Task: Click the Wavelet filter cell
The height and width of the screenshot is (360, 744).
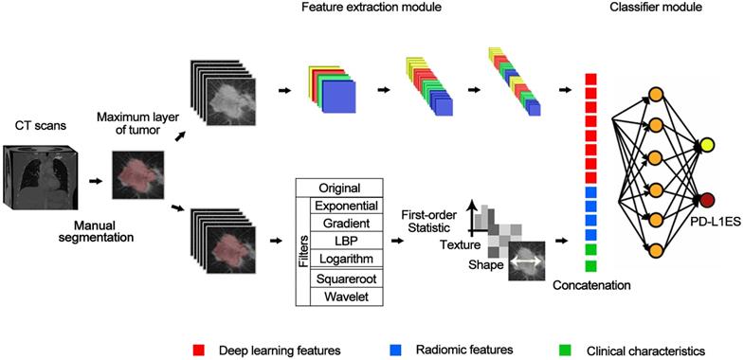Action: click(346, 298)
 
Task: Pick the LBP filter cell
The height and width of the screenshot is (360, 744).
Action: click(346, 242)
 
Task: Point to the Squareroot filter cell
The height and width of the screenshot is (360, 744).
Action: click(346, 279)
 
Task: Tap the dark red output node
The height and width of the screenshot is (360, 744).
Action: click(705, 200)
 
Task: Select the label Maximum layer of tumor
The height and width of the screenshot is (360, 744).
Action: click(131, 123)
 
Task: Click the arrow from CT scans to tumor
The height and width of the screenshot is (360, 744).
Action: click(96, 176)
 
